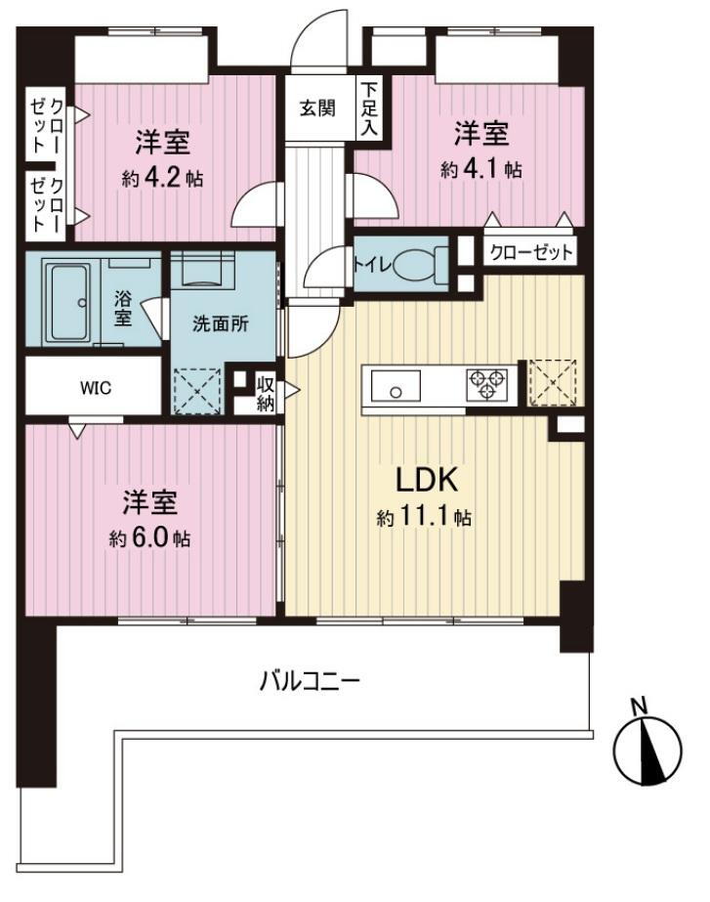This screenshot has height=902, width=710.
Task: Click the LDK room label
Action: click(426, 481)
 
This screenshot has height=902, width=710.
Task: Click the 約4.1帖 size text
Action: click(480, 168)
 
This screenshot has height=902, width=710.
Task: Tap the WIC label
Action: click(96, 387)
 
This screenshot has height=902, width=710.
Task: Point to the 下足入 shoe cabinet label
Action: click(368, 107)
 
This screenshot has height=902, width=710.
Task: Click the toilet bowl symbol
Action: click(421, 264)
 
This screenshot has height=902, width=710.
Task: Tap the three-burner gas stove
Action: click(485, 383)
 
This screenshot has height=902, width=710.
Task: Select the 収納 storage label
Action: click(265, 390)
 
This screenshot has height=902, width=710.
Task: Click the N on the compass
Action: click(639, 706)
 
